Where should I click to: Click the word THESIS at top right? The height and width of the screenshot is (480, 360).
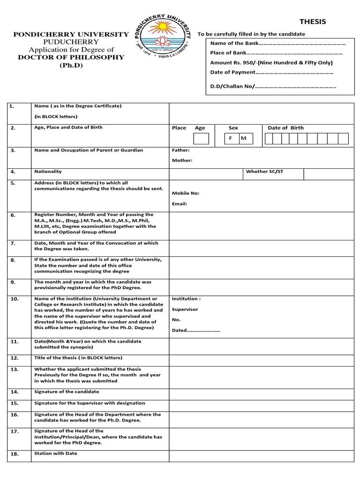pos(312,22)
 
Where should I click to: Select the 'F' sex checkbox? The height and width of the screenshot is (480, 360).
pos(231,139)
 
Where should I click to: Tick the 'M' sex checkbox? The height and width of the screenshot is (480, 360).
pos(243,139)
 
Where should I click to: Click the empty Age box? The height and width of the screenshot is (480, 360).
pos(201,139)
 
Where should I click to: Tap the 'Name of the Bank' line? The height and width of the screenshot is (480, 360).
pos(278,43)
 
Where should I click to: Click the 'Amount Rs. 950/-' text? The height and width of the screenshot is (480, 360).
pos(271,62)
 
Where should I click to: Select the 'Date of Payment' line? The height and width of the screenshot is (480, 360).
pos(272,72)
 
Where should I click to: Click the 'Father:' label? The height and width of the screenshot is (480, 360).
pos(181,150)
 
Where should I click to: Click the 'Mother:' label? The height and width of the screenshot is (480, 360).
pos(182,160)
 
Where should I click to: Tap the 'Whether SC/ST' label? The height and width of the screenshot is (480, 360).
pos(265,172)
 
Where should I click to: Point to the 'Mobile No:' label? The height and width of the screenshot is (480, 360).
pos(186,193)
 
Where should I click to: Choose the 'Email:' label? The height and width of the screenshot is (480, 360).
pos(180,204)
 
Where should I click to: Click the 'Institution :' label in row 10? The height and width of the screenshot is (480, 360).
pos(187,299)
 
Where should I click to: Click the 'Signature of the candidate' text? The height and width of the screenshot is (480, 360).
pos(67,391)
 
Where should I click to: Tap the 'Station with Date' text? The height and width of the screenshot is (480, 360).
pos(56,453)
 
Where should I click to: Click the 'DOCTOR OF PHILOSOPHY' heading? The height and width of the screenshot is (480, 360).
pos(71,57)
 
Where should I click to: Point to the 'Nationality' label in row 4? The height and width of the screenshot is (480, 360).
pos(48,172)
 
